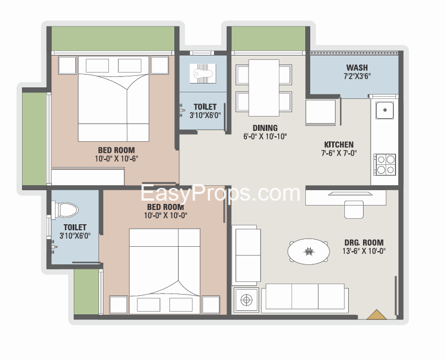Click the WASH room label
357,68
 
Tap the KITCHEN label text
339,145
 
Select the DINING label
265,128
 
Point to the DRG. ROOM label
364,242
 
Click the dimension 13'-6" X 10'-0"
364,251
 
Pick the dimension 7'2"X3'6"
358,76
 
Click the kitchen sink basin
385,110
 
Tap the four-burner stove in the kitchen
384,165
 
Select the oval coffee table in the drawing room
309,251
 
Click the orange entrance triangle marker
377,315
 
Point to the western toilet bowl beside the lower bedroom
67,210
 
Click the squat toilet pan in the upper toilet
203,74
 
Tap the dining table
264,88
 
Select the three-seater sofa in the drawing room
305,298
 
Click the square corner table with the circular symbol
246,300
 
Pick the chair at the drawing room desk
354,209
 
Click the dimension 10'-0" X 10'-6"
117,158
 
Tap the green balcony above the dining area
268,39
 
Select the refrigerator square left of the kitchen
321,112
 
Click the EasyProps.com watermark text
220,193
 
